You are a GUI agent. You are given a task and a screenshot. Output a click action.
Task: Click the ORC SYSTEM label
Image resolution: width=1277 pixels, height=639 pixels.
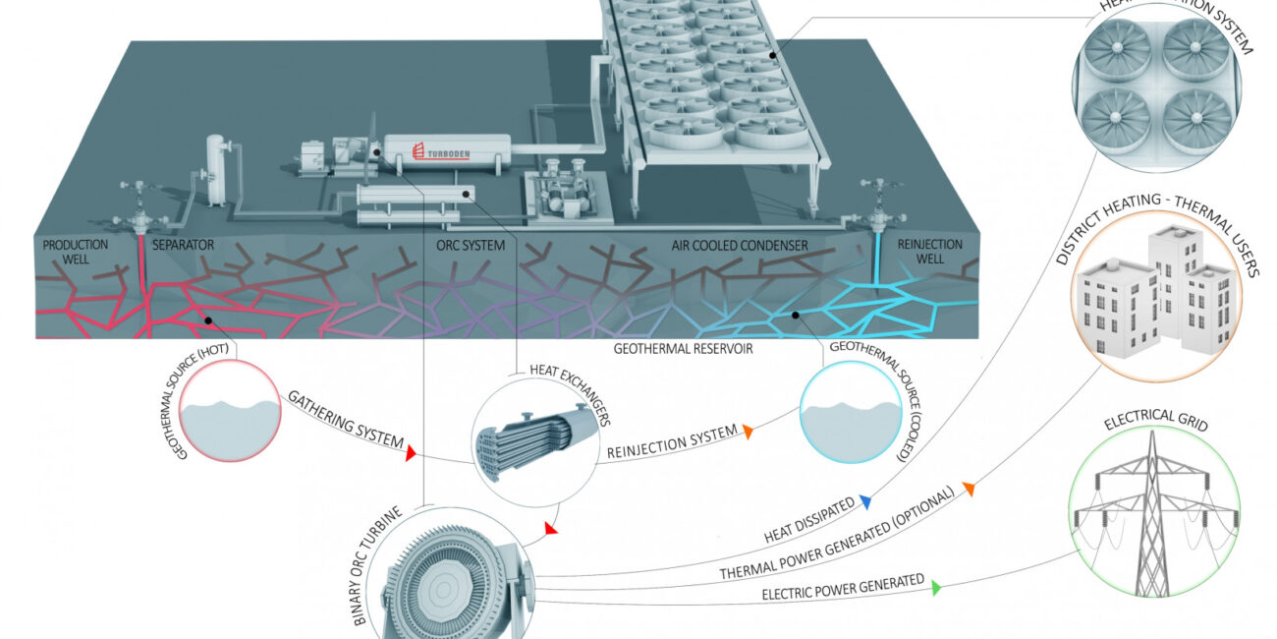(x=471, y=245)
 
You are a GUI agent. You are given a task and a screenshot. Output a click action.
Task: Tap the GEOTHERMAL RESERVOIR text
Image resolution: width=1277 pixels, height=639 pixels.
(x=683, y=347)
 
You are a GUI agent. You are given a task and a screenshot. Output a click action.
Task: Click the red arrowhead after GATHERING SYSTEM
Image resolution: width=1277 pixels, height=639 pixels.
(x=412, y=451)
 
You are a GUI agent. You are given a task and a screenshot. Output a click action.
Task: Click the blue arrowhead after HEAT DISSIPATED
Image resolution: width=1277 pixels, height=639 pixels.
(x=865, y=502)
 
